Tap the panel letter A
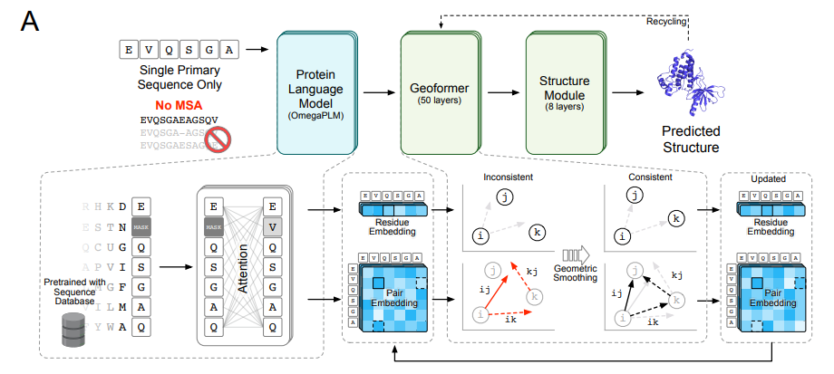point(28,21)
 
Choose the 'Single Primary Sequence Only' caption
point(180,78)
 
